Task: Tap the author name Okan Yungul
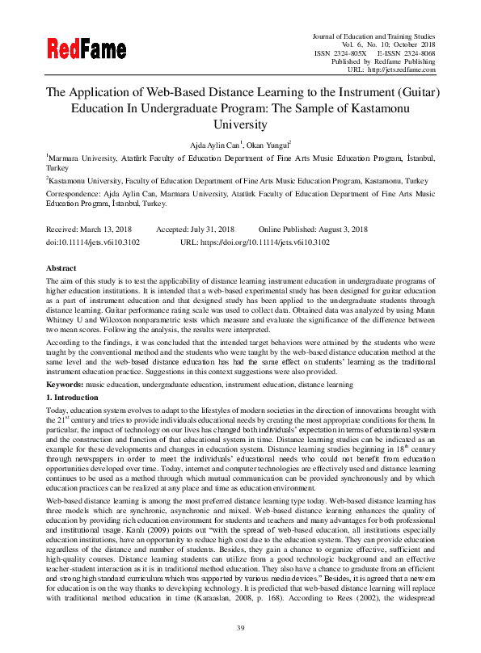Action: [x=266, y=142]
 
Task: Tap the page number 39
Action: [x=240, y=628]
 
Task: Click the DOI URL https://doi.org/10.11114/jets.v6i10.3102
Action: [x=266, y=241]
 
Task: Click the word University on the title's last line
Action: [x=240, y=124]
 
